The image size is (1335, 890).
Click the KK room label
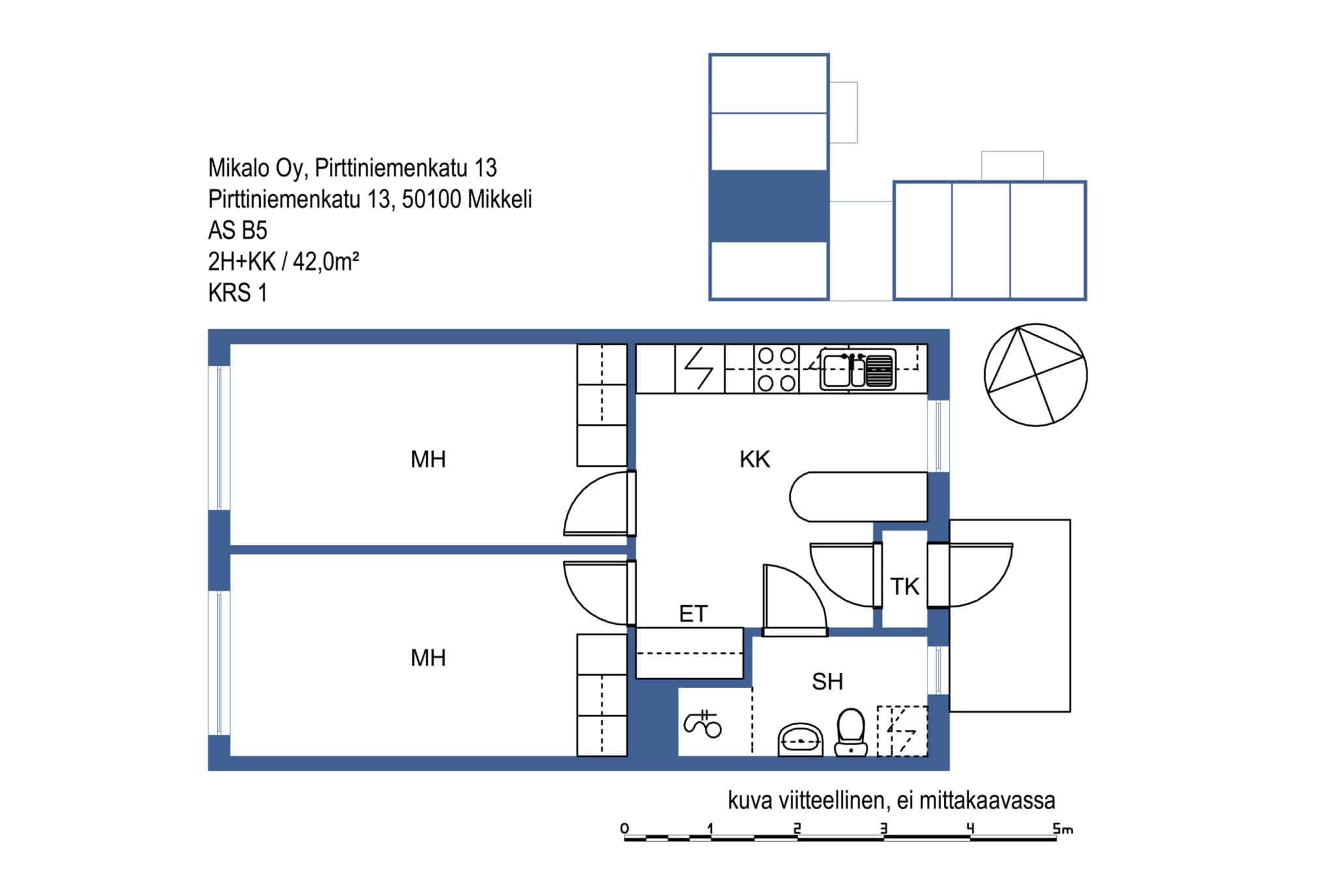tap(754, 460)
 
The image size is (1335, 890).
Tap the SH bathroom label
tap(827, 681)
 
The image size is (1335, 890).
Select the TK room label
tap(905, 587)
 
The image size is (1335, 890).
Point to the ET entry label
tap(693, 614)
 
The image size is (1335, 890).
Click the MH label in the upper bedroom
tap(428, 460)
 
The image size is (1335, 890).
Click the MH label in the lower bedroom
tap(428, 658)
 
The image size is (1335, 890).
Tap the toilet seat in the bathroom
tap(851, 732)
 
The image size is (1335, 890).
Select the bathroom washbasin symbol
tap(800, 739)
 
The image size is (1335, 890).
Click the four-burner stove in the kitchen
tap(777, 369)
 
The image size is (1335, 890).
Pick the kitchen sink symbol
tap(858, 370)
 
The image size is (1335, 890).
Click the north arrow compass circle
tap(1035, 375)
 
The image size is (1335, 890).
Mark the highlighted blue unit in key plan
tap(769, 206)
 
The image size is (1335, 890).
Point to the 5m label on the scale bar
tap(1063, 829)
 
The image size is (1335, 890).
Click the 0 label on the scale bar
tap(625, 829)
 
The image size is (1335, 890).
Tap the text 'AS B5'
tap(237, 231)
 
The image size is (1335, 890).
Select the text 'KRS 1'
tap(237, 293)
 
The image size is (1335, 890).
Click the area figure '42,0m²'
tap(326, 262)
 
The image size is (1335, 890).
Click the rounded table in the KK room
tap(858, 497)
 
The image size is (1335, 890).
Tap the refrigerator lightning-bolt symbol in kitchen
tap(699, 369)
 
